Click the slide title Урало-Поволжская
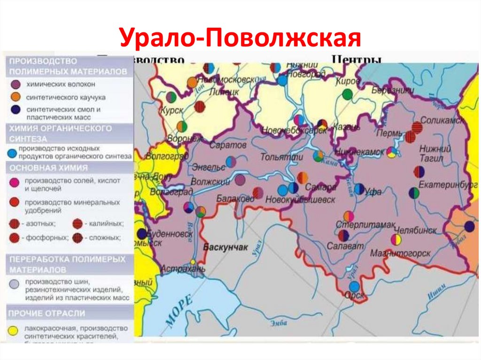(x=240, y=38)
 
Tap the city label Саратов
(x=228, y=146)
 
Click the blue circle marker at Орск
(x=354, y=286)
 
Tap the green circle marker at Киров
(x=347, y=94)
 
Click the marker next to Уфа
(x=359, y=189)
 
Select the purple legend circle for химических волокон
(x=16, y=84)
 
